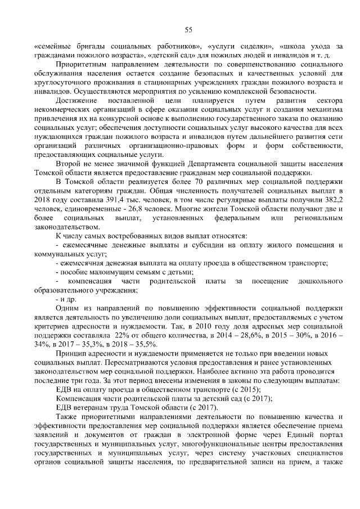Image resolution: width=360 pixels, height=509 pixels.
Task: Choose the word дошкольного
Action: (318, 281)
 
